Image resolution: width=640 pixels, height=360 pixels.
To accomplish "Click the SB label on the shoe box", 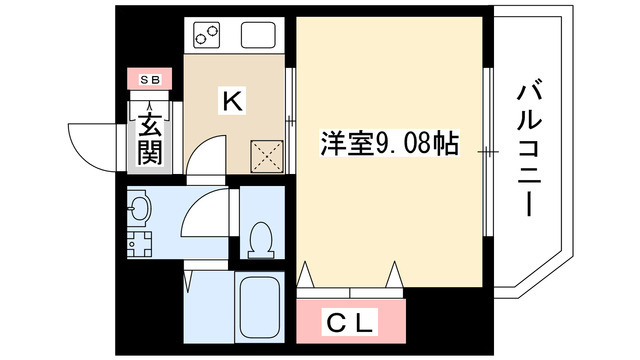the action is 150,80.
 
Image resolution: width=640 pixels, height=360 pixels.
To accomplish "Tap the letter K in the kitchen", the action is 232,101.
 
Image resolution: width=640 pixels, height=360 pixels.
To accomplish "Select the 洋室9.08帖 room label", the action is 389,143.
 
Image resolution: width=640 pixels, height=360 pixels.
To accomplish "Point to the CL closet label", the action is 350,322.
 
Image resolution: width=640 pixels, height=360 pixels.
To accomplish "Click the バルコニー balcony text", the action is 529,151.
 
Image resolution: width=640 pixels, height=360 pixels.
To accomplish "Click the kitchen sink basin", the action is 258,35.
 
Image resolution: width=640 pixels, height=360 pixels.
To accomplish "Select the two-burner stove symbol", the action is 207,35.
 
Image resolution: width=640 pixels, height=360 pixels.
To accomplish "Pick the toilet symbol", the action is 261,240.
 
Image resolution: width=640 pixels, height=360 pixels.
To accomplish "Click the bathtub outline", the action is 259,308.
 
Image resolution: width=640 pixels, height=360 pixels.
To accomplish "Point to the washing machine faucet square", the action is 139,244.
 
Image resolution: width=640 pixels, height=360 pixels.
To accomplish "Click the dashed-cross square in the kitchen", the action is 267,156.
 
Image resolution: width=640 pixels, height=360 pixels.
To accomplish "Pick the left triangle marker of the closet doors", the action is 304,274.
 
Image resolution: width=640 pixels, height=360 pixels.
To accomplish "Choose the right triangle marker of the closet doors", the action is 395,274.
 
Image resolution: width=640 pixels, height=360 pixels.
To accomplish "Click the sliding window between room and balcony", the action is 488,152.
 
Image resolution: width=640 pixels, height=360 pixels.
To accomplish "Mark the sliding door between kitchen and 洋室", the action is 290,120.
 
